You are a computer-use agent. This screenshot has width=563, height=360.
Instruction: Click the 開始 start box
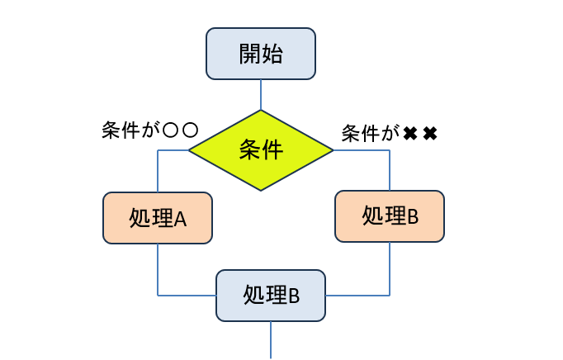pyautogui.click(x=261, y=54)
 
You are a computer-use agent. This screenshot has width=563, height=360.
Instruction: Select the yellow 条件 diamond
pyautogui.click(x=261, y=150)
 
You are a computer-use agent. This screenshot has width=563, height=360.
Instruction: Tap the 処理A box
pyautogui.click(x=158, y=218)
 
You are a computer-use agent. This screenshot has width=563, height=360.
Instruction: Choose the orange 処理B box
pyautogui.click(x=390, y=216)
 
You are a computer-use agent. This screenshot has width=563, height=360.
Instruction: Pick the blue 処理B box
pyautogui.click(x=271, y=295)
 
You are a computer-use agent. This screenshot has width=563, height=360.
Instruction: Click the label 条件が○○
pyautogui.click(x=149, y=130)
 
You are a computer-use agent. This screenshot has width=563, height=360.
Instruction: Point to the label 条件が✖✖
pyautogui.click(x=388, y=132)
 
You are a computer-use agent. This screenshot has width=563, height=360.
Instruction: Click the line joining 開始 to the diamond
pyautogui.click(x=261, y=94)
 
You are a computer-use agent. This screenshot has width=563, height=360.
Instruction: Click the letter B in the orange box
pyautogui.click(x=413, y=216)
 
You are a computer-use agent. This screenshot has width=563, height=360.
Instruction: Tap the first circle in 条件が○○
pyautogui.click(x=170, y=130)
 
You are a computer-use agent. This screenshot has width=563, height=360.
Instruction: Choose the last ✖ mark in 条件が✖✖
pyautogui.click(x=429, y=133)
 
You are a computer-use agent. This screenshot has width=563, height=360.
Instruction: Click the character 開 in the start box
pyautogui.click(x=249, y=54)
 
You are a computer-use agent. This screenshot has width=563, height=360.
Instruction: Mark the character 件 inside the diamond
pyautogui.click(x=272, y=150)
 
